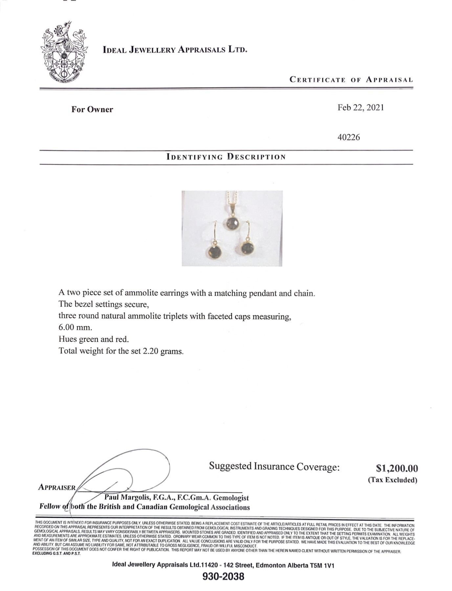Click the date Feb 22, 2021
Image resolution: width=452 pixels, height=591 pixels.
click(360, 108)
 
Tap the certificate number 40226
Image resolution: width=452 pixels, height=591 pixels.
click(349, 137)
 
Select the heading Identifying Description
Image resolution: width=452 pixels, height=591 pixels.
click(226, 157)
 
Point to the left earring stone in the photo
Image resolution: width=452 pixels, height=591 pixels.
click(214, 252)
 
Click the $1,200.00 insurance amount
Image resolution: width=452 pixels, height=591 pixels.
click(397, 468)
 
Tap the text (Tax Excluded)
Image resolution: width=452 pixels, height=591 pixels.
click(392, 480)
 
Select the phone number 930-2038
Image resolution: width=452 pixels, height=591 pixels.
click(223, 577)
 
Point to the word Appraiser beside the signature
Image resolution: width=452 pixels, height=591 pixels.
click(57, 488)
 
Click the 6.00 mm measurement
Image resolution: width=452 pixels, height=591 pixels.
click(75, 328)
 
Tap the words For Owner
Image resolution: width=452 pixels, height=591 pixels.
click(92, 109)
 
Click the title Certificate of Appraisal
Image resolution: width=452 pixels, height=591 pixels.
click(351, 79)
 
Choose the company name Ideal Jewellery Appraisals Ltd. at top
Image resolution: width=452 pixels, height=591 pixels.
click(175, 50)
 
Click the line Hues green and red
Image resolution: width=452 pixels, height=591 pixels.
click(93, 339)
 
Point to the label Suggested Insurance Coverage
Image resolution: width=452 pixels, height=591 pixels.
click(274, 467)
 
